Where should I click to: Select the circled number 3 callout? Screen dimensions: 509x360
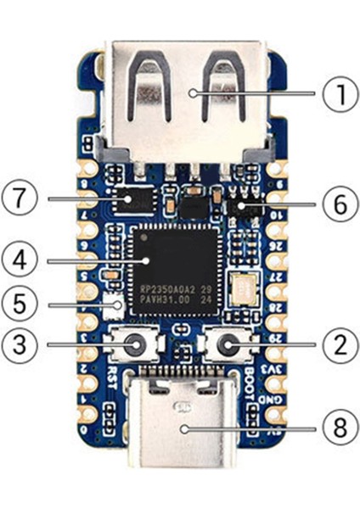tap(20, 344)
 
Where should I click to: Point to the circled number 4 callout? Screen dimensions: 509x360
tap(20, 256)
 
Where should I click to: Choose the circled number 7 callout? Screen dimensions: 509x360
tap(20, 199)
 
